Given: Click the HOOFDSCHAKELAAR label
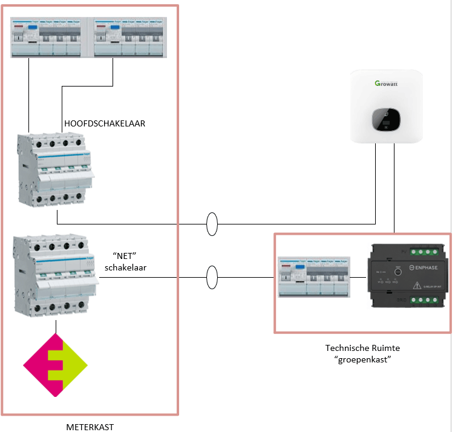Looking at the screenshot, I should (105, 123).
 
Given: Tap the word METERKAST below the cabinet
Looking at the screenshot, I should (89, 427).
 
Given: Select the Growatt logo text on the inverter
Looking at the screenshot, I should (385, 84).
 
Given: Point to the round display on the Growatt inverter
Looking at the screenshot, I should (385, 119).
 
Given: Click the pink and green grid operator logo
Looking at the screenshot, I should (56, 365).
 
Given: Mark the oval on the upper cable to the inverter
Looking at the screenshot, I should (212, 224).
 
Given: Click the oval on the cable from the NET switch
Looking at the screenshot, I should (212, 278).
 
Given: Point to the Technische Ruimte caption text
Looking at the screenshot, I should (362, 348).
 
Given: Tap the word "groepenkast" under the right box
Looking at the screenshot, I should (362, 360).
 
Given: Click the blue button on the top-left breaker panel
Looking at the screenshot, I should (32, 27).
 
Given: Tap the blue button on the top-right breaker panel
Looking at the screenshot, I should (114, 27).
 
